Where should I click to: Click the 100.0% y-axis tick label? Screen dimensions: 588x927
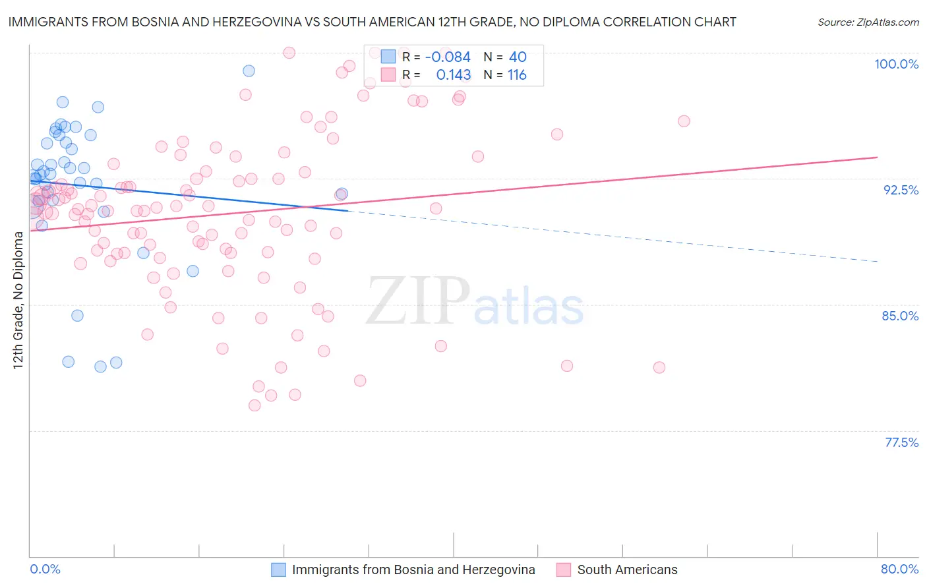click(x=896, y=64)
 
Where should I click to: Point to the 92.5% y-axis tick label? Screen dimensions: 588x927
click(x=901, y=190)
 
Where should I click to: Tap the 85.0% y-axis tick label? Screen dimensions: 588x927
click(x=900, y=316)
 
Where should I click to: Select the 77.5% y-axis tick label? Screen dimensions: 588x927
click(x=901, y=442)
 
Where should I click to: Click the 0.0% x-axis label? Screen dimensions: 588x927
click(x=45, y=569)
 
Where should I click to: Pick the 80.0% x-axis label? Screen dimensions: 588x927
click(x=899, y=569)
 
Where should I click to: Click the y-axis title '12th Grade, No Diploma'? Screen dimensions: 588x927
click(x=18, y=301)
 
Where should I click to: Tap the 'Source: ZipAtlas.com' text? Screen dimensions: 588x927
click(x=868, y=22)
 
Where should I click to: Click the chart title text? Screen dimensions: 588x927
click(x=372, y=22)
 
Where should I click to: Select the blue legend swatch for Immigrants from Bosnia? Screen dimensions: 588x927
click(x=279, y=570)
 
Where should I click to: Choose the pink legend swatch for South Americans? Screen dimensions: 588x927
click(x=564, y=570)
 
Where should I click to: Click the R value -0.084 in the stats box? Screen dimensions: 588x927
click(x=448, y=57)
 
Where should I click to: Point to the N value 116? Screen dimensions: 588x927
click(x=517, y=75)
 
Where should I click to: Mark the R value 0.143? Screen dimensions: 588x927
click(x=454, y=75)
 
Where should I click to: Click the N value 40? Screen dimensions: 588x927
click(x=518, y=57)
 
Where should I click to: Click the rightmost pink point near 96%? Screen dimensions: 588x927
click(x=684, y=121)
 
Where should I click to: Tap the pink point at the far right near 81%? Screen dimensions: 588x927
click(x=659, y=368)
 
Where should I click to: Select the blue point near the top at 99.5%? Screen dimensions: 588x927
click(x=249, y=71)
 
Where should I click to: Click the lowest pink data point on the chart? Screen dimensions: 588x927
click(x=254, y=405)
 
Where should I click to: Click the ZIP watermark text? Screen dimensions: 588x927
click(x=418, y=301)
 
